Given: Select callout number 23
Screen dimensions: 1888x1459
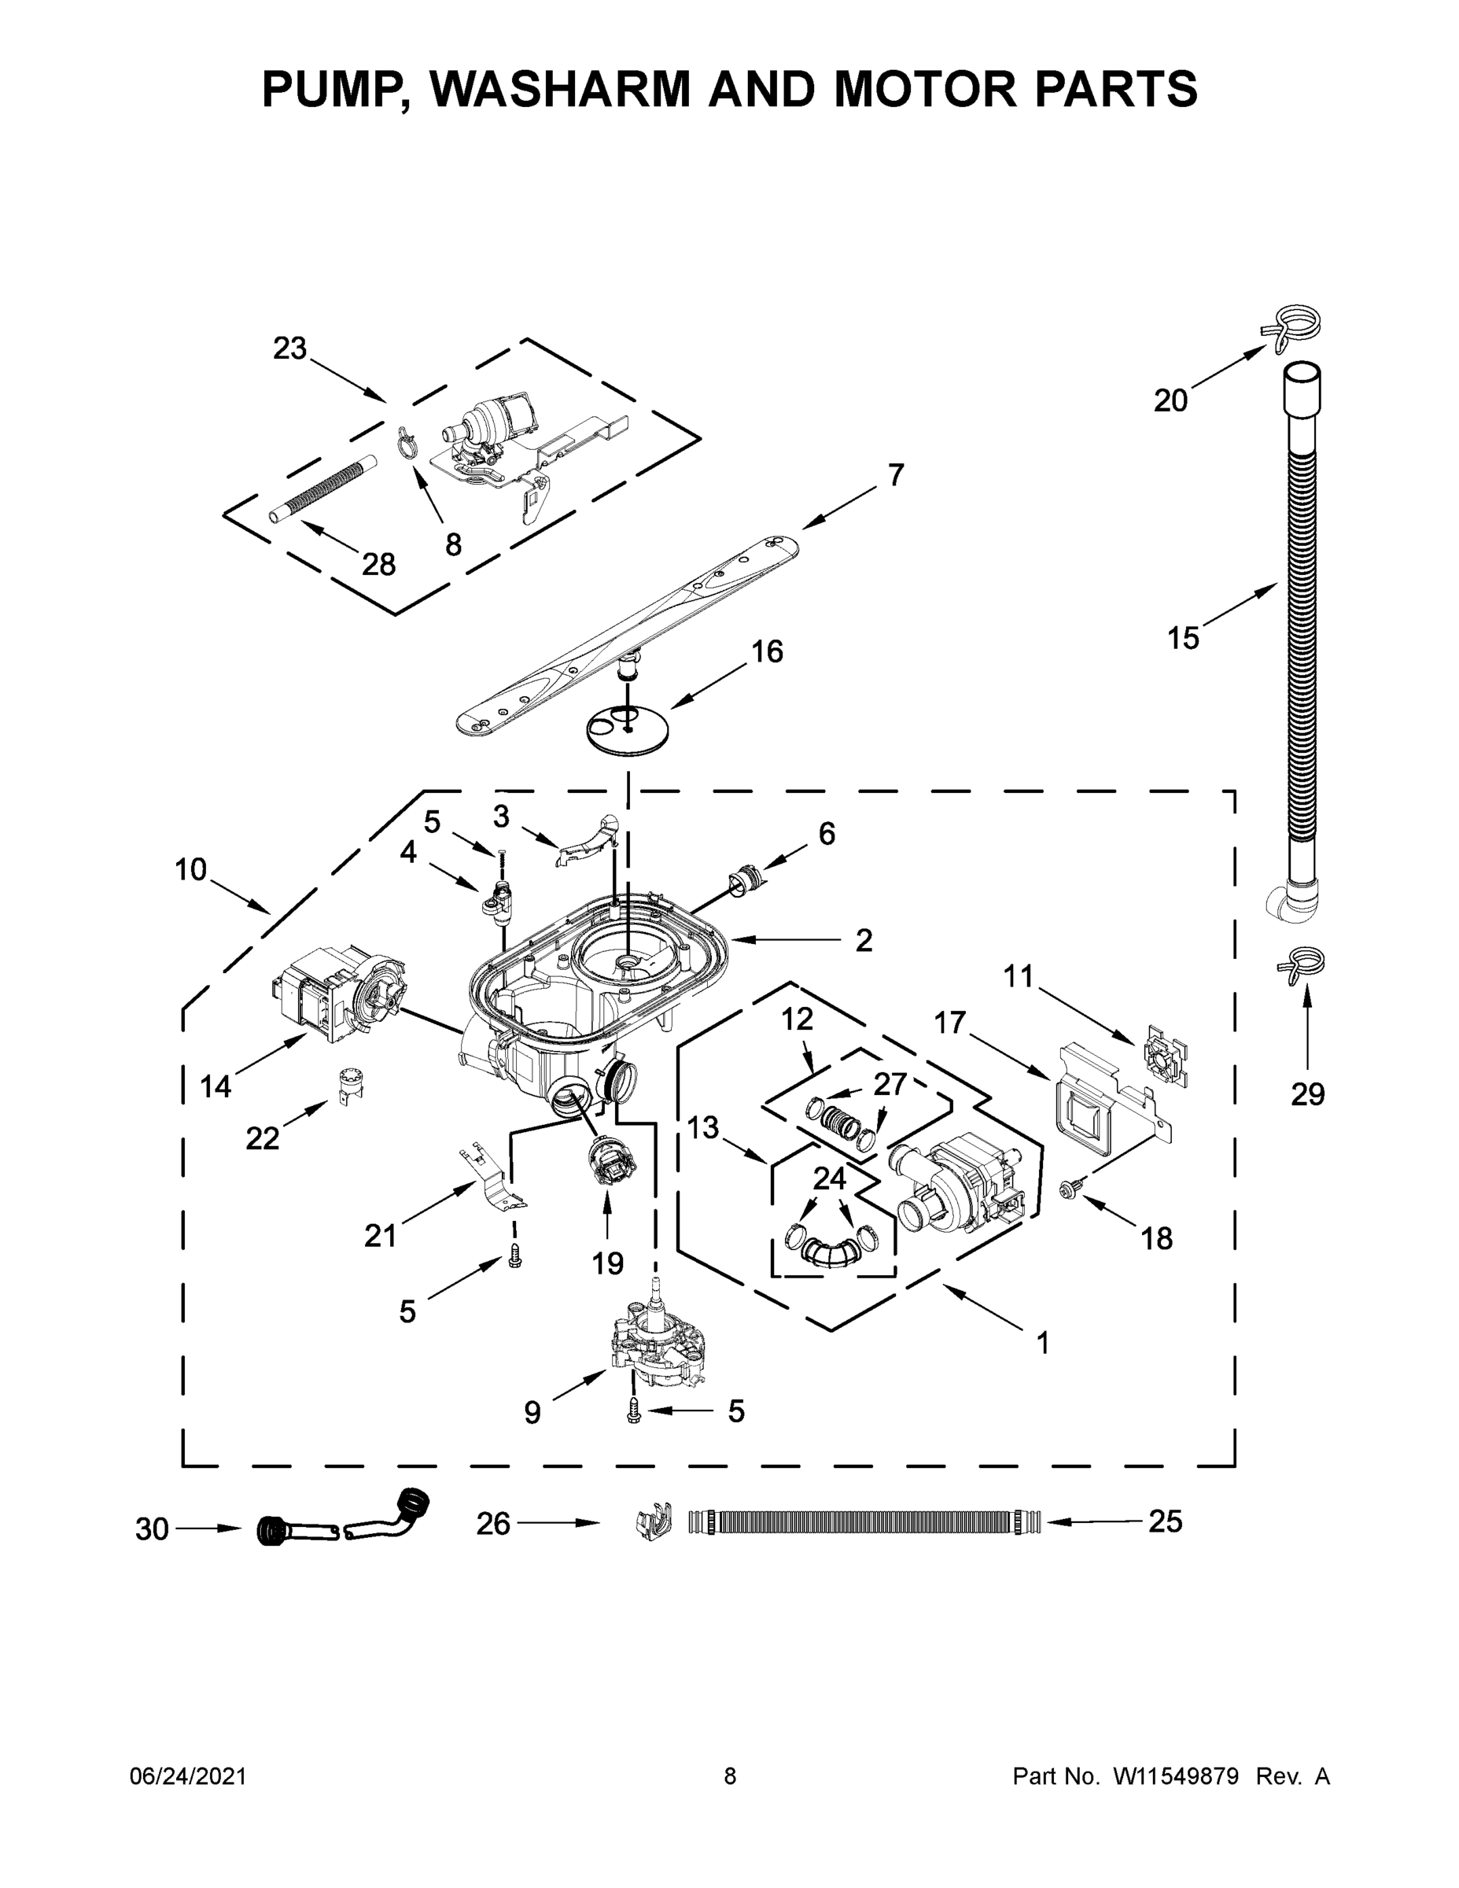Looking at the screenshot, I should point(289,348).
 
